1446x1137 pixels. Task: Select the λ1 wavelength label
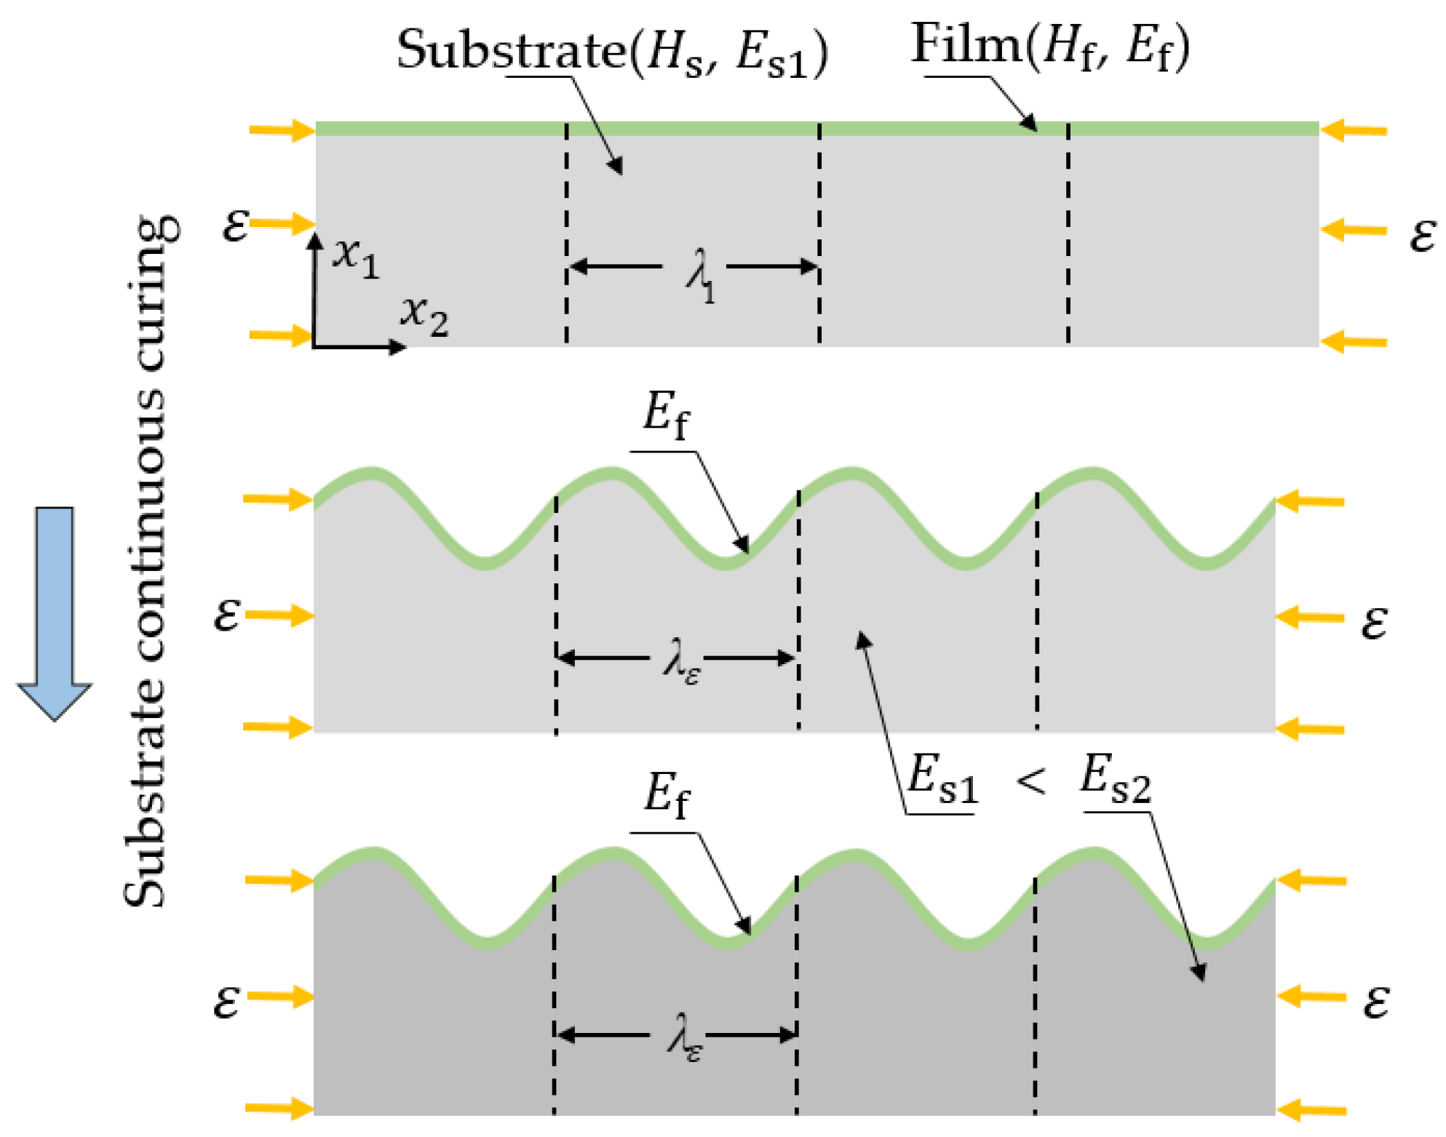pyautogui.click(x=699, y=274)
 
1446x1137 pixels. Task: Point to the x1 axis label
pyautogui.click(x=356, y=256)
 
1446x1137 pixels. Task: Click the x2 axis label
pyautogui.click(x=424, y=315)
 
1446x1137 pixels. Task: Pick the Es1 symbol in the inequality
pyautogui.click(x=942, y=779)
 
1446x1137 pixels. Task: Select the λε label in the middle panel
pyautogui.click(x=681, y=661)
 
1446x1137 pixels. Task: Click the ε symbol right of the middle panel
pyautogui.click(x=1373, y=622)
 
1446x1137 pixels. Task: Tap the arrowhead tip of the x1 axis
pyautogui.click(x=314, y=235)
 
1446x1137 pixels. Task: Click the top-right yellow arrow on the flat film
pyautogui.click(x=1354, y=131)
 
